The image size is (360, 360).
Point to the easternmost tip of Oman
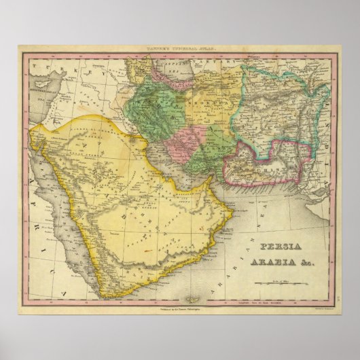pyautogui.click(x=234, y=212)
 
